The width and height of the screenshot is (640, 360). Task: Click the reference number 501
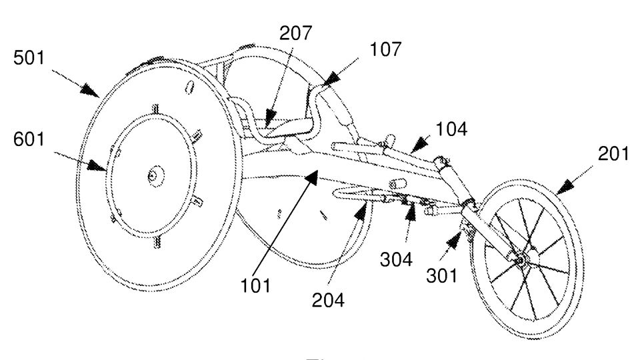click(x=29, y=57)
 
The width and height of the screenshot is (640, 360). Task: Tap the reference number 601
click(x=29, y=139)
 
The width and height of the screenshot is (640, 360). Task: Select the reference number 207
click(x=295, y=33)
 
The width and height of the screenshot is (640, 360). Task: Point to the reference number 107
click(x=385, y=49)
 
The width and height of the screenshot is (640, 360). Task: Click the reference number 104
click(x=451, y=129)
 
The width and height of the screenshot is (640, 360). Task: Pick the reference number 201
click(x=613, y=154)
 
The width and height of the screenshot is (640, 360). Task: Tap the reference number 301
click(x=441, y=276)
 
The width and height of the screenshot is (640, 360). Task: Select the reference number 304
click(x=396, y=259)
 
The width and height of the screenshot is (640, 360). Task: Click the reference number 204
click(x=328, y=300)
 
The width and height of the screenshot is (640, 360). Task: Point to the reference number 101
click(x=255, y=286)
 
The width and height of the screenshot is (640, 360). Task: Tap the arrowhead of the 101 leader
click(x=312, y=177)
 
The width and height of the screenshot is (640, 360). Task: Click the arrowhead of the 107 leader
click(x=331, y=78)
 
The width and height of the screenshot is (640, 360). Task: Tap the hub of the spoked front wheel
click(x=521, y=259)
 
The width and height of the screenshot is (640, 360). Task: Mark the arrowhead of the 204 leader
click(x=359, y=212)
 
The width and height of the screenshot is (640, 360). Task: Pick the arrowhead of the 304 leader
click(x=410, y=212)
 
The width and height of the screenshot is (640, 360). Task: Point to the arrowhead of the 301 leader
click(x=453, y=241)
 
